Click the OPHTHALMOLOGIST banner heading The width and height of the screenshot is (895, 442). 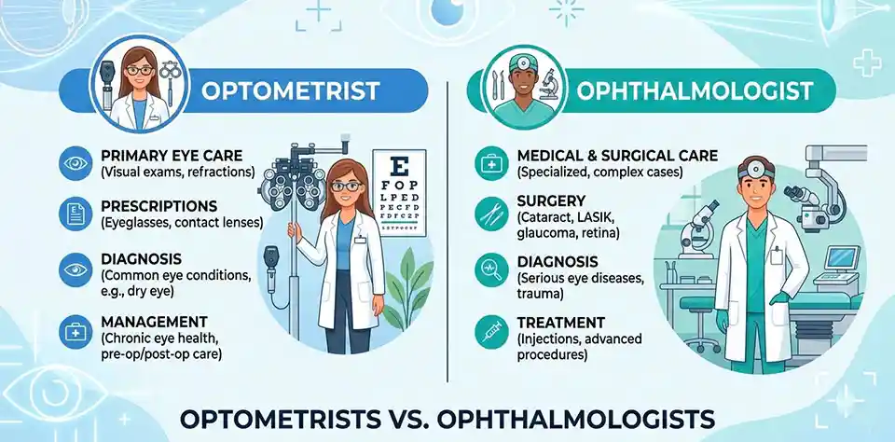(695, 91)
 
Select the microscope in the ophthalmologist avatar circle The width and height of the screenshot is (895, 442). (550, 80)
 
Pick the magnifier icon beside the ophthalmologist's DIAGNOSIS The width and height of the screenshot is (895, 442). (488, 269)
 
